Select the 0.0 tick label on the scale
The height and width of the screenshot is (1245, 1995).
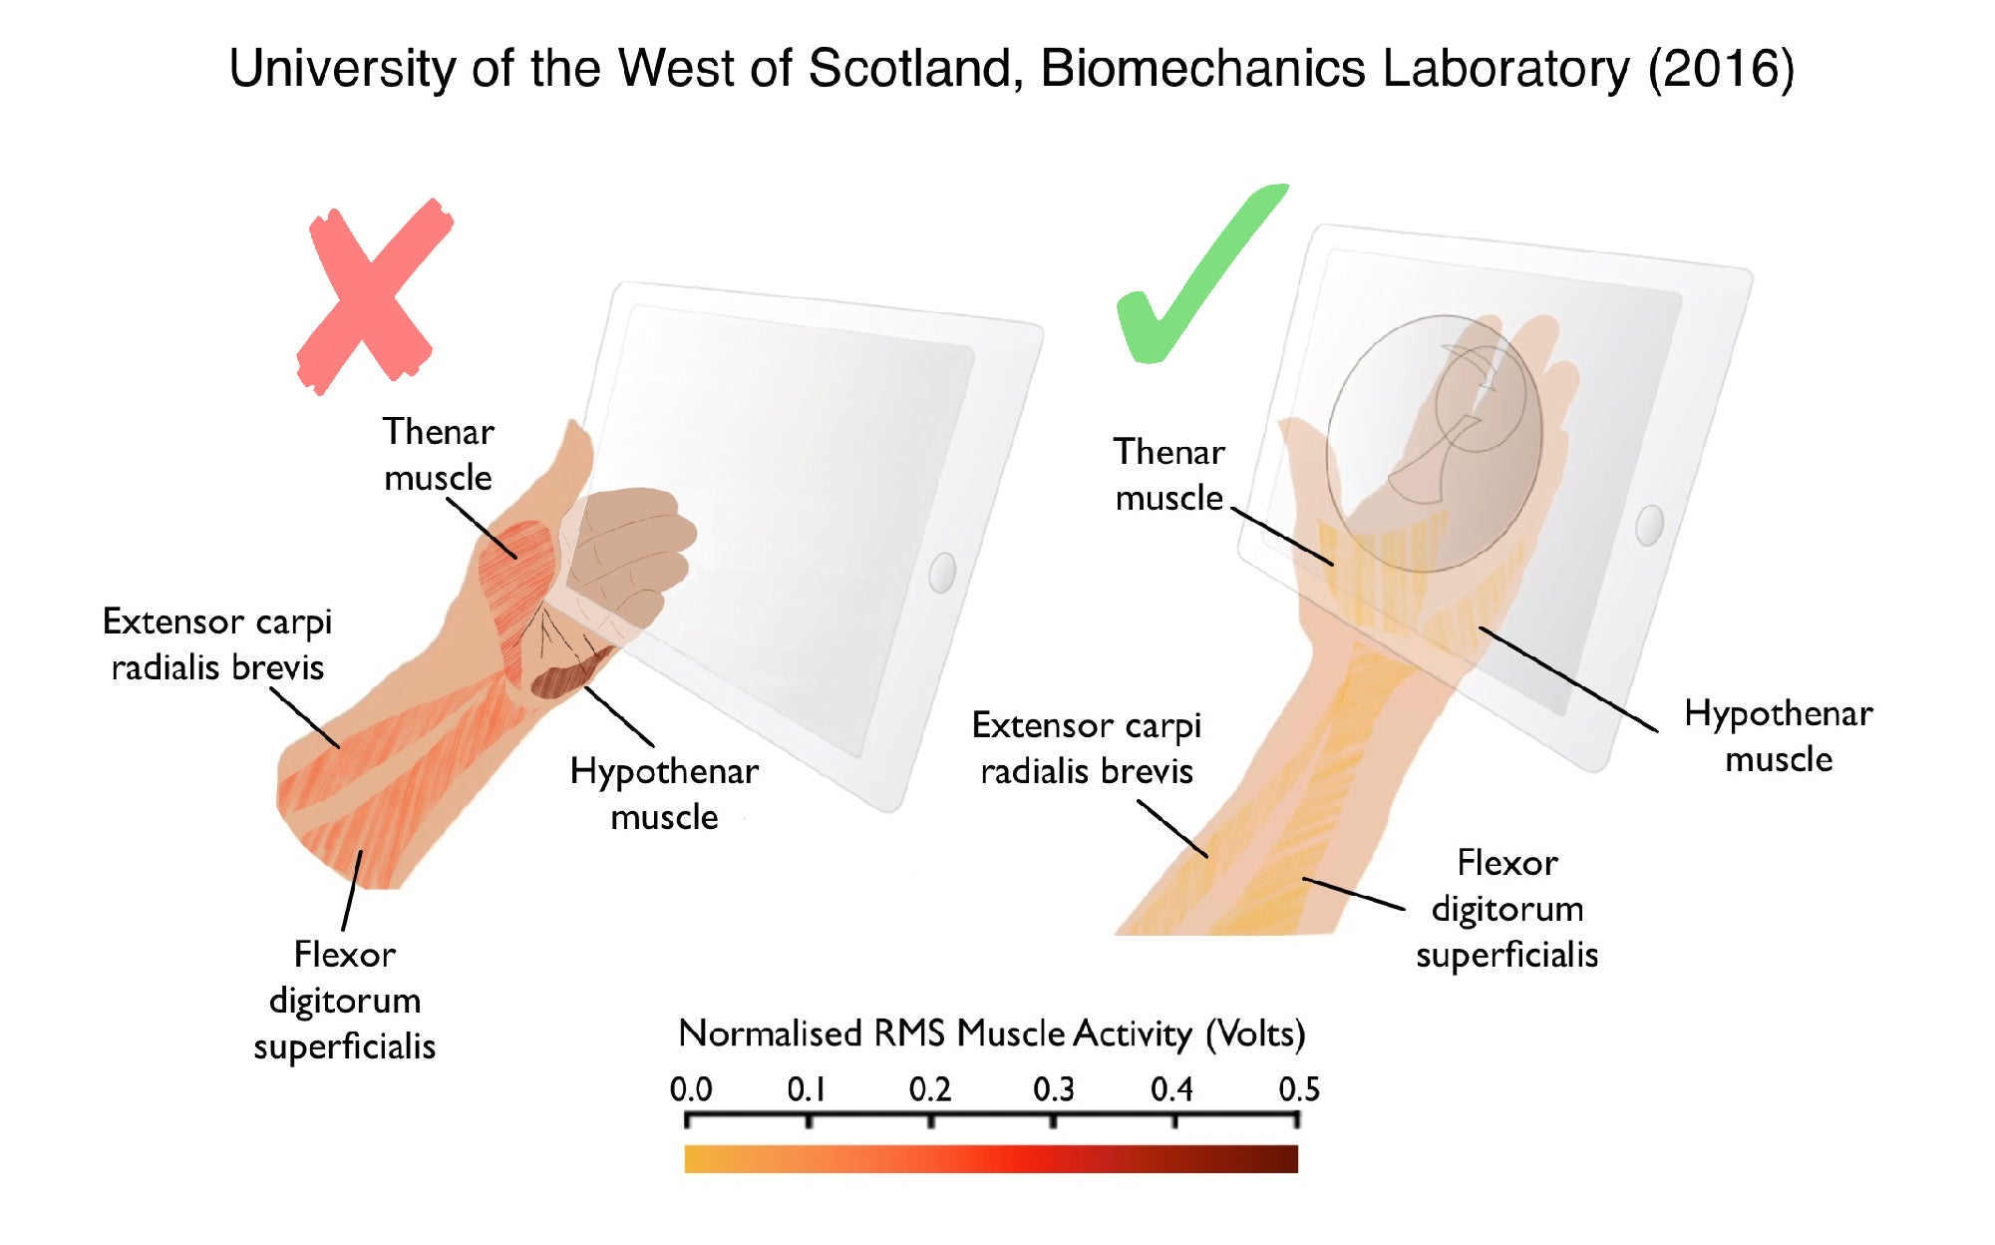point(690,1088)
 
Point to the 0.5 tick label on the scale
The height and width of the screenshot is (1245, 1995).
point(1298,1088)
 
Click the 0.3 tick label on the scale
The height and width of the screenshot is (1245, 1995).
point(1053,1088)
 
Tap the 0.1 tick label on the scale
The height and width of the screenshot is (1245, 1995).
point(807,1088)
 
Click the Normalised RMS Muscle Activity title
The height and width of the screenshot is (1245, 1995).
point(991,1034)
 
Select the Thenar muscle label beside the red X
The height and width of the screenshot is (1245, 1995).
point(439,455)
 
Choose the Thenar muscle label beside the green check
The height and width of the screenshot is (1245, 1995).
point(1168,475)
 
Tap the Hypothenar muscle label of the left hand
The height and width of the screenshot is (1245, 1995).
point(664,794)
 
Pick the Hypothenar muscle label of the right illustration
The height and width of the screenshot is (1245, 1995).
point(1779,736)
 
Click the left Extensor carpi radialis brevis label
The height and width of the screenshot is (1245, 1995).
point(217,644)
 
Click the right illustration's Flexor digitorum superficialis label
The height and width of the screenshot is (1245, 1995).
point(1506,909)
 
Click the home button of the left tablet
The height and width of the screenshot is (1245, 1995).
point(942,573)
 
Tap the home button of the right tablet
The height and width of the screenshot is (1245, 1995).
point(1650,526)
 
